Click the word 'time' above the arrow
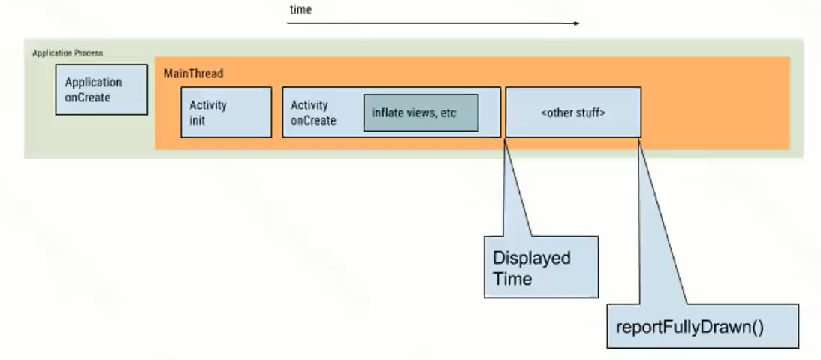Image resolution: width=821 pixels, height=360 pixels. pyautogui.click(x=300, y=10)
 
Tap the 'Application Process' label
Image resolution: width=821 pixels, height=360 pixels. pyautogui.click(x=68, y=53)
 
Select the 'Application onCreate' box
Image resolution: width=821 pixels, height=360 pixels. pyautogui.click(x=101, y=89)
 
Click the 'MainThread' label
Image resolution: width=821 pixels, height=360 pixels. pyautogui.click(x=193, y=74)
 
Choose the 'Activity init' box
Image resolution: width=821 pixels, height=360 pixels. pyautogui.click(x=226, y=112)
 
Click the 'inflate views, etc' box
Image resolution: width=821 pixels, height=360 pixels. pyautogui.click(x=421, y=113)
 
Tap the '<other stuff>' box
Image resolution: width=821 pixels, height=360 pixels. pyautogui.click(x=573, y=112)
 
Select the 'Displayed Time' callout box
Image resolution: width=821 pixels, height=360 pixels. pyautogui.click(x=542, y=268)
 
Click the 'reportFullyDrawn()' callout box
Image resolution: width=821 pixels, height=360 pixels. pyautogui.click(x=702, y=326)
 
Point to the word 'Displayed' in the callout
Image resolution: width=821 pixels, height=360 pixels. pyautogui.click(x=532, y=258)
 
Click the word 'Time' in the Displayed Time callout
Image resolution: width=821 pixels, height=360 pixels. pyautogui.click(x=512, y=278)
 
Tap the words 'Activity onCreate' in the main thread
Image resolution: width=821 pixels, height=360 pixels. pyautogui.click(x=313, y=113)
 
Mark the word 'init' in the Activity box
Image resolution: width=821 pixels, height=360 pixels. pyautogui.click(x=197, y=120)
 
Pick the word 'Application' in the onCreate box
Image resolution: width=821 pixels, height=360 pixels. pyautogui.click(x=93, y=83)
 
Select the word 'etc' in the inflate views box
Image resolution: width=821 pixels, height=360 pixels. pyautogui.click(x=449, y=113)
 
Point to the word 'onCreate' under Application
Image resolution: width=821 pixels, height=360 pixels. pyautogui.click(x=87, y=98)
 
